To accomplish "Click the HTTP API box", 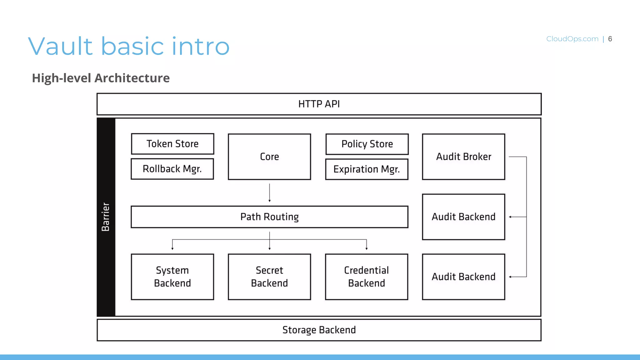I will coord(319,104).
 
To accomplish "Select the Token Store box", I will coord(172,144).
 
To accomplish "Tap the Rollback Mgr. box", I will coord(172,169).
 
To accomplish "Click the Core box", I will coord(269,157).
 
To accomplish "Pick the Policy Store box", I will coord(367,144).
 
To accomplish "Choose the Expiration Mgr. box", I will coord(367,169).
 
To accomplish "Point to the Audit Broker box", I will coord(463,157).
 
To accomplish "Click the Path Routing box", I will coord(269,217).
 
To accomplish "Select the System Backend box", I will coord(172,277).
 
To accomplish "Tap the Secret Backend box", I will coord(269,277).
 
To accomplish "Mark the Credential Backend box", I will coord(367,277).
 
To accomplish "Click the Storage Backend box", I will coord(319,330).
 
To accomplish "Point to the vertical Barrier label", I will coord(106,217).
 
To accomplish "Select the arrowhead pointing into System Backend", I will coord(172,248).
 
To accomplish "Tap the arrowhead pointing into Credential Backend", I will coord(367,248).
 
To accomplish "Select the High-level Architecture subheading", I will coord(101,78).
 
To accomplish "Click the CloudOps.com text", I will coord(572,39).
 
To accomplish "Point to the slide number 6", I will coord(610,39).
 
